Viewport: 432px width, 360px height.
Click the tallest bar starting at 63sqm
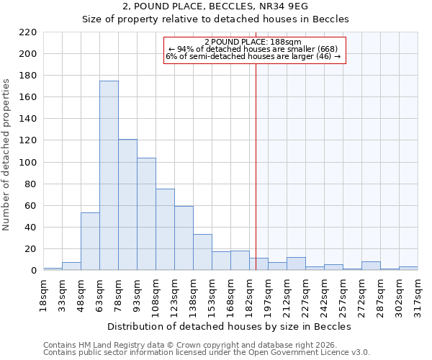coord(109,176)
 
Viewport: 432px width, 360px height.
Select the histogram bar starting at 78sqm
coord(127,204)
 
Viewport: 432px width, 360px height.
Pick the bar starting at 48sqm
coord(90,241)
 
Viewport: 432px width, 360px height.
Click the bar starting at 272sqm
coord(371,266)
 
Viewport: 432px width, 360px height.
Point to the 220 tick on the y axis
coord(28,32)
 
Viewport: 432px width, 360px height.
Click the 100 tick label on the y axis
coord(28,163)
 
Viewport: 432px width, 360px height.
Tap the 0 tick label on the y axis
coord(34,271)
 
